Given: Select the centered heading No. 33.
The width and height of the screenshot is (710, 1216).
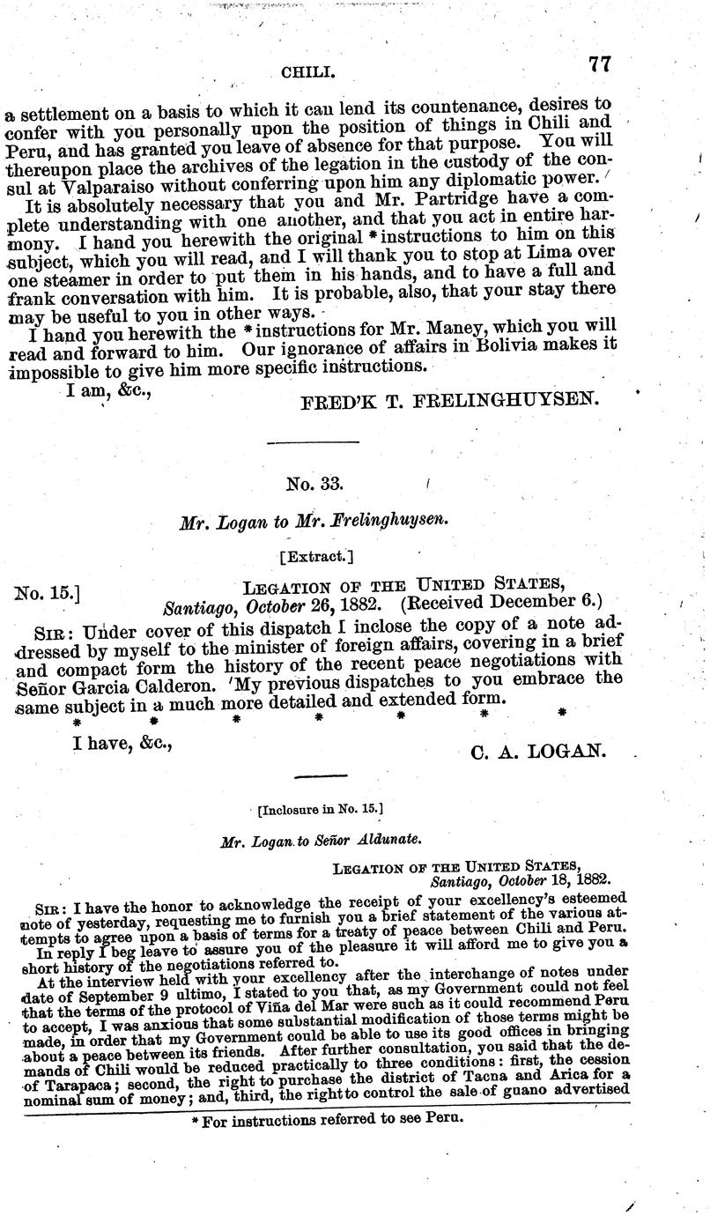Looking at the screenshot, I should click(314, 484).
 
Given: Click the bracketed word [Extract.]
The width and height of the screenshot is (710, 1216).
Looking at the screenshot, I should click(315, 557).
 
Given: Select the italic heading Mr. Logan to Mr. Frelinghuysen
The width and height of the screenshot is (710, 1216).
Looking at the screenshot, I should click(314, 521).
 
